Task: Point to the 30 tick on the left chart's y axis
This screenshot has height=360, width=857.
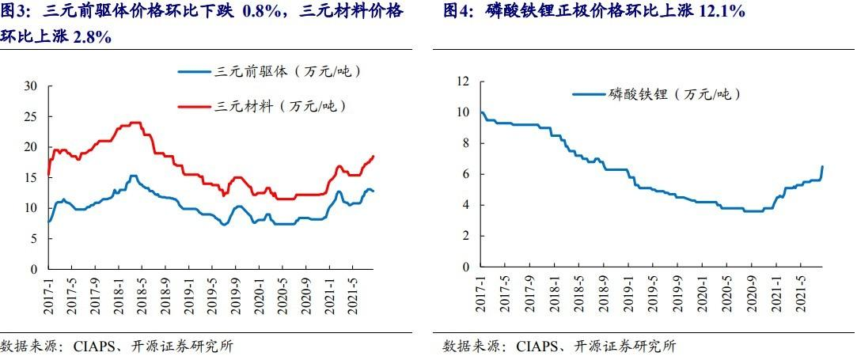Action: [x=31, y=86]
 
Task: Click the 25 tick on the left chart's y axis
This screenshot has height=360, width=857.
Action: [x=31, y=117]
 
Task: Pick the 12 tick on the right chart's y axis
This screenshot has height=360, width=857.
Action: [x=464, y=81]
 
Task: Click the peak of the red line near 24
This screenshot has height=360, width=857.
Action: [x=135, y=123]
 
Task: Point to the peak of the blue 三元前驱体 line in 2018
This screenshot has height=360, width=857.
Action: [x=133, y=176]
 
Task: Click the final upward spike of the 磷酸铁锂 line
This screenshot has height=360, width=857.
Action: [x=822, y=167]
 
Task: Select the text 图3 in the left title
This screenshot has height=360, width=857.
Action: [x=13, y=11]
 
